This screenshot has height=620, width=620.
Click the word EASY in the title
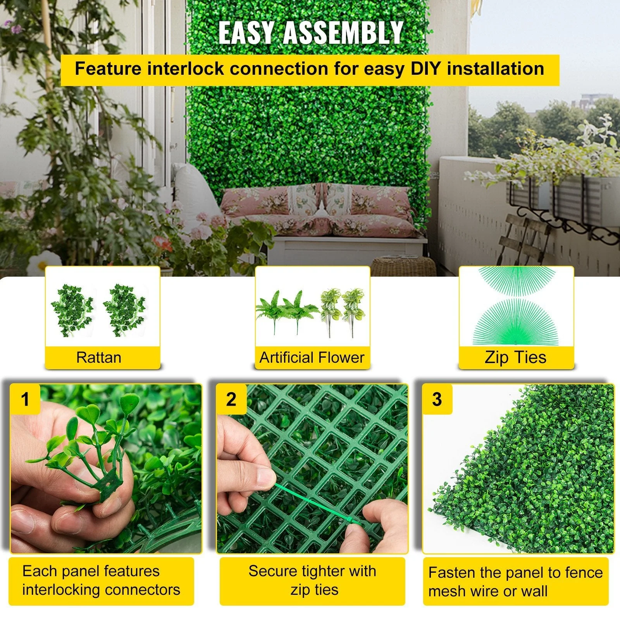246,33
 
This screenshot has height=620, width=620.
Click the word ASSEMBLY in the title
343,33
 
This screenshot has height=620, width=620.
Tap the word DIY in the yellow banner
424,69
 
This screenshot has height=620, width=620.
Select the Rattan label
99,357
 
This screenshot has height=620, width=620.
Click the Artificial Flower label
312,357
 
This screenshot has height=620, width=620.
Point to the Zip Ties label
515,357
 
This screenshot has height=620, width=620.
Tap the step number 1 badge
25,399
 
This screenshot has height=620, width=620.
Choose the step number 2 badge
231,399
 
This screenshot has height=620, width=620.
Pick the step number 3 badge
437,399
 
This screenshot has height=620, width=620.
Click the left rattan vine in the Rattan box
73,310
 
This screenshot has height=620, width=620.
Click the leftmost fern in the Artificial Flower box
271,310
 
